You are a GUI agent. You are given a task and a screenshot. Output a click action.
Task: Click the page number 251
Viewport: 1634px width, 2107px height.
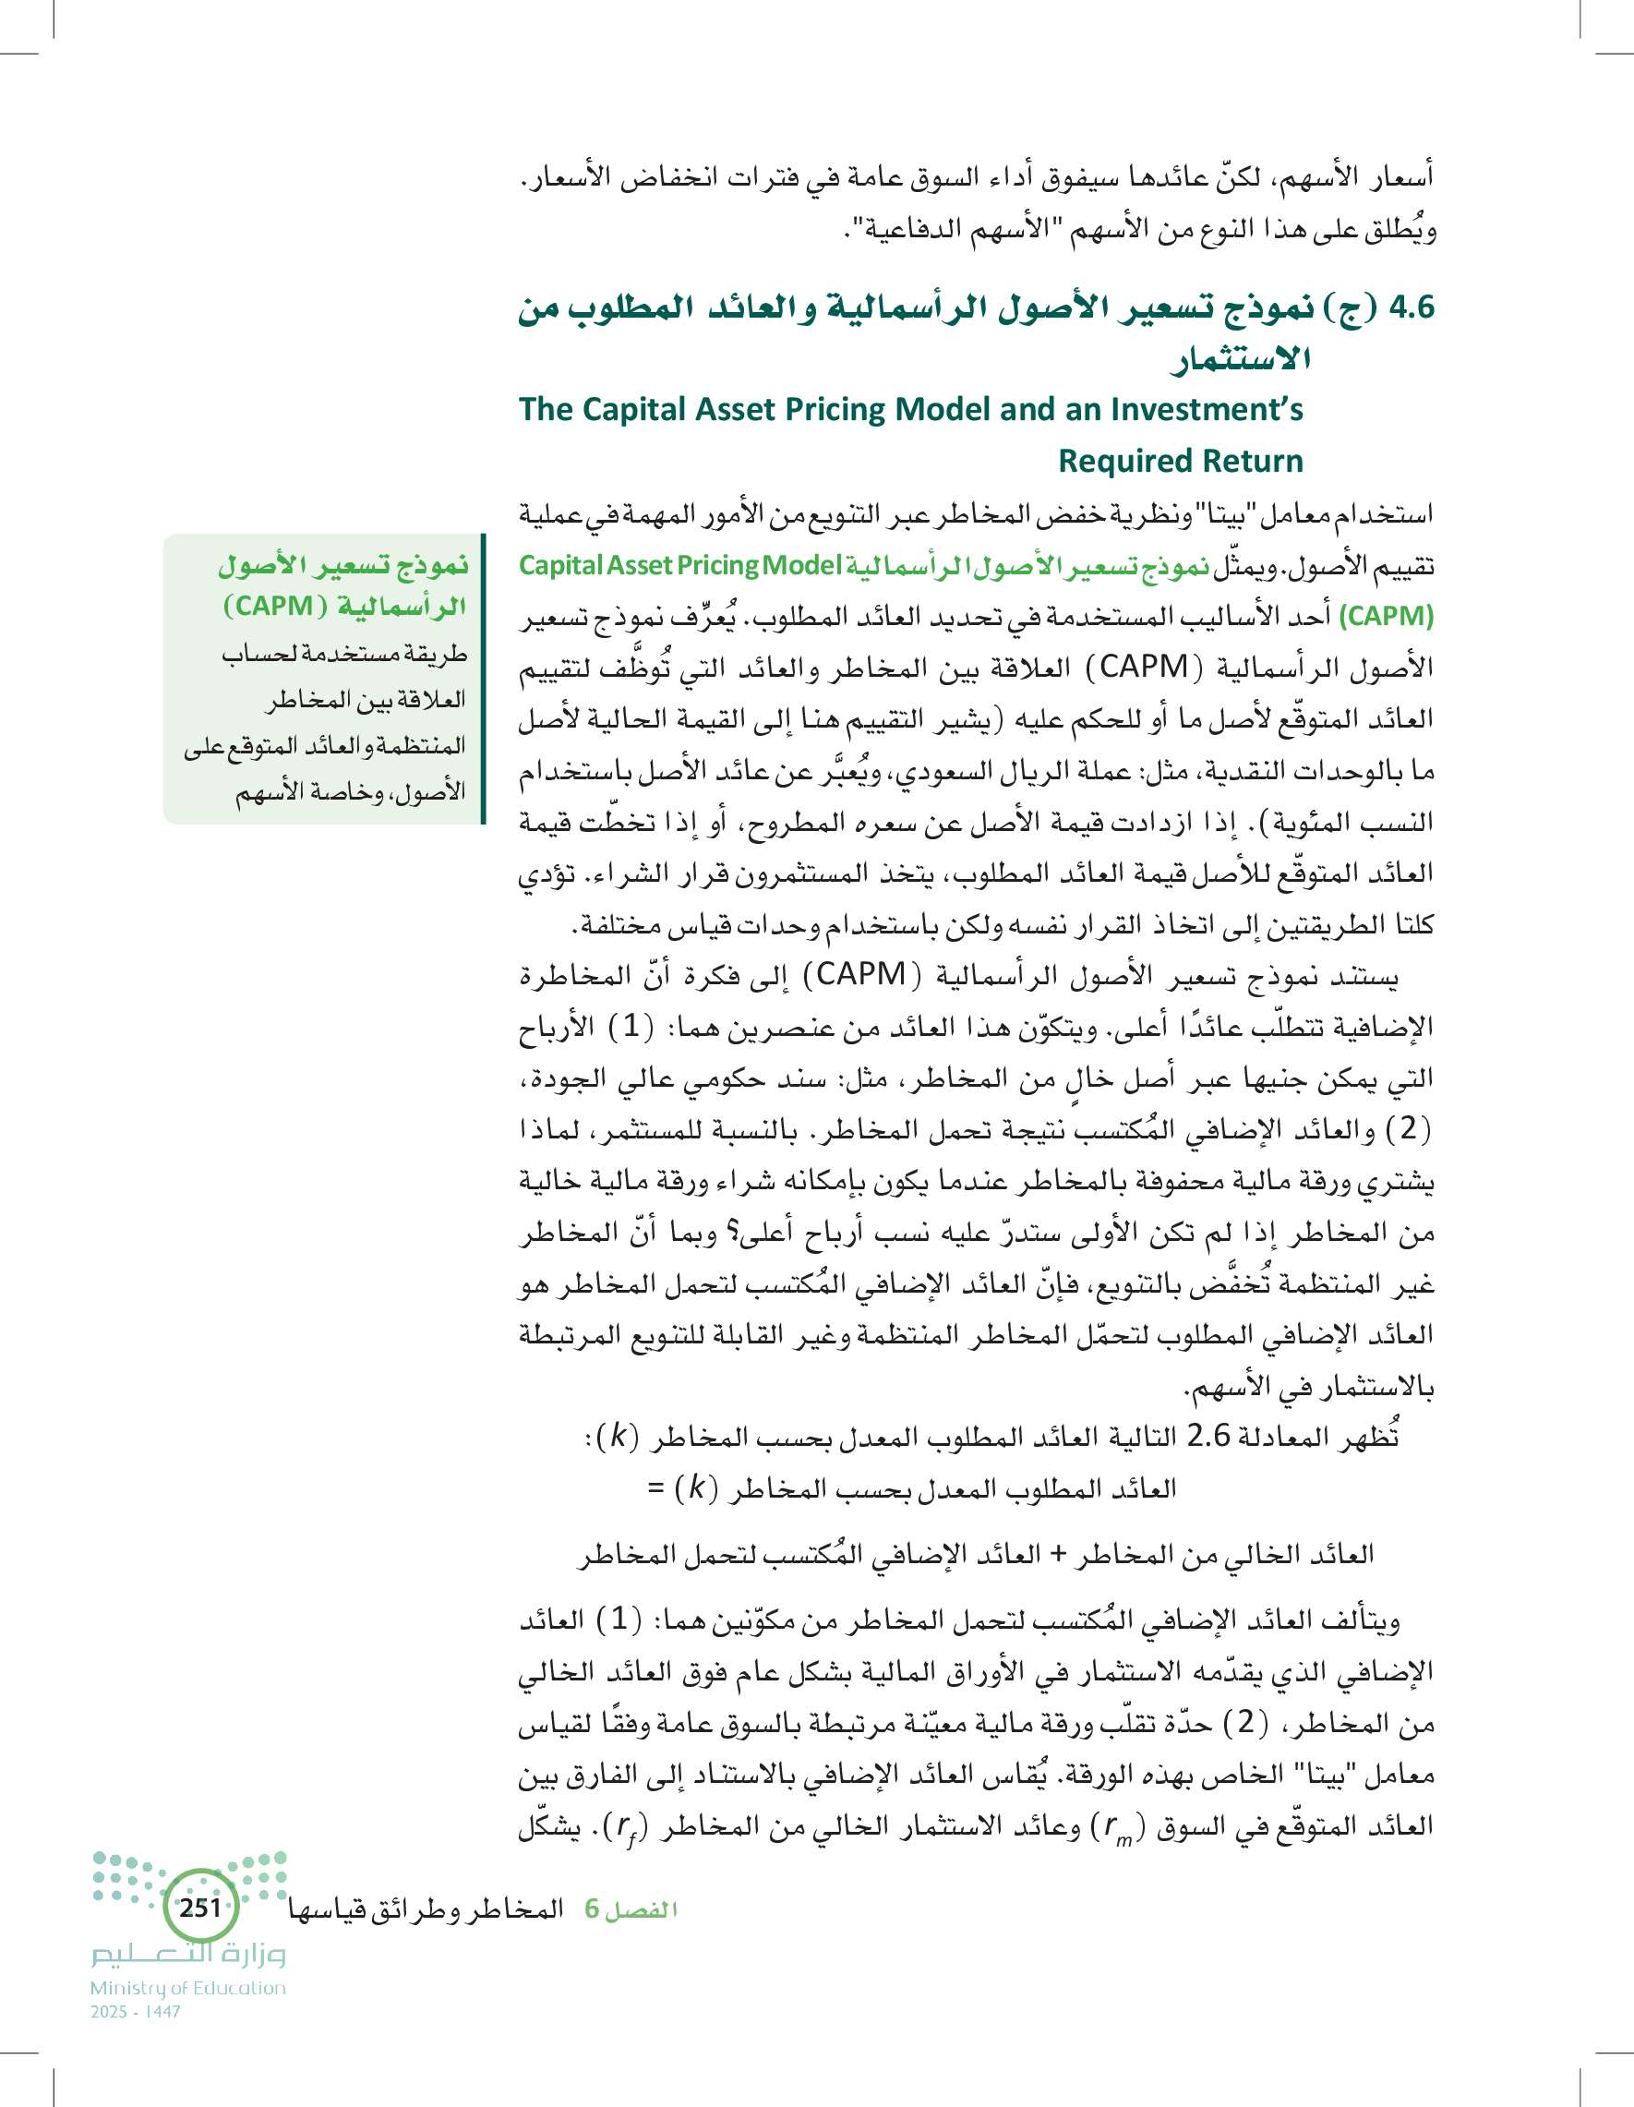(200, 1908)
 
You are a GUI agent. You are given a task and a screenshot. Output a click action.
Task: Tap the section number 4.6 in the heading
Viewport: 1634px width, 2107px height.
(1412, 307)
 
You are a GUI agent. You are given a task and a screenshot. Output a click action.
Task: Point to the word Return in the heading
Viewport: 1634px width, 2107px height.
(1259, 461)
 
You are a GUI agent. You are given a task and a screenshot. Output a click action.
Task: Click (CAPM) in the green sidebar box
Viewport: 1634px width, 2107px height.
(270, 606)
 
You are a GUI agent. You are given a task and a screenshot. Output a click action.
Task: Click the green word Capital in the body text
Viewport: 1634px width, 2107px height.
(556, 565)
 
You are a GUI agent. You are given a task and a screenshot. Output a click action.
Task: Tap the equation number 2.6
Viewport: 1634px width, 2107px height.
(1207, 1437)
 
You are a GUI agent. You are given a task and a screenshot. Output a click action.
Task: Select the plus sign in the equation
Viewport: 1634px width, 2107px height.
(1057, 1554)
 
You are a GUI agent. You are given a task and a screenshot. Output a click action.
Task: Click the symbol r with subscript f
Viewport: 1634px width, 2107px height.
(628, 1826)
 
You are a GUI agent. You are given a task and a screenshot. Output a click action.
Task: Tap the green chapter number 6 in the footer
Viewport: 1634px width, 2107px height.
(592, 1909)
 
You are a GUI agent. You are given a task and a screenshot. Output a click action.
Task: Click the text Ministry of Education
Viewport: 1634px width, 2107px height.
(188, 1988)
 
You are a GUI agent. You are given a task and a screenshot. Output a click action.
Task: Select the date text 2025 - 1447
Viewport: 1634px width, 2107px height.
(136, 2012)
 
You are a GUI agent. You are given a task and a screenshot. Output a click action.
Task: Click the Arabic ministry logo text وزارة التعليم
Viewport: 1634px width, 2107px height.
(189, 1954)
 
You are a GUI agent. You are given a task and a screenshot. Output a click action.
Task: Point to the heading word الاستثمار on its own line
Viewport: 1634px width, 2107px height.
(1241, 360)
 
